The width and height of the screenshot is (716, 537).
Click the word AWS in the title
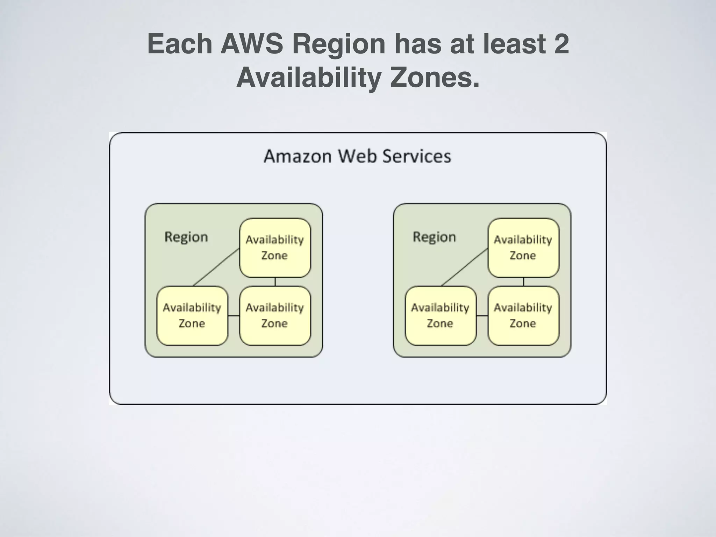[x=251, y=44]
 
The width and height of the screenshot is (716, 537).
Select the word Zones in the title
[x=435, y=78]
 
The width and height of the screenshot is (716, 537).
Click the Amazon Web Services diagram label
[x=357, y=156]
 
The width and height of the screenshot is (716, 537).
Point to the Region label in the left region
[x=186, y=237]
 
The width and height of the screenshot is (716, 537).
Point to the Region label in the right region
[x=434, y=237]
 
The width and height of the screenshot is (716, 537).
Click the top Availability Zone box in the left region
[x=275, y=248]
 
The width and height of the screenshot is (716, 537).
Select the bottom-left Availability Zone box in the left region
[x=192, y=315]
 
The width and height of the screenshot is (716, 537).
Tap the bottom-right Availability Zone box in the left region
[x=275, y=315]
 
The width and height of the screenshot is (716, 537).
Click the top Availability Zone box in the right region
[x=523, y=248]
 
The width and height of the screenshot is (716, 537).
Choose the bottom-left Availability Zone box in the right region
[x=440, y=315]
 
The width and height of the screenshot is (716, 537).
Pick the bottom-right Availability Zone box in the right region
[x=523, y=315]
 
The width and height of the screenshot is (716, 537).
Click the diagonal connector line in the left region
[x=216, y=267]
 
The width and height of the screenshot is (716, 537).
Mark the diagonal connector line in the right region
[x=464, y=267]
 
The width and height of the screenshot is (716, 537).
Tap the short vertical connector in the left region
[x=275, y=282]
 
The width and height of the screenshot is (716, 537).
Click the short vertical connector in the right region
[x=523, y=282]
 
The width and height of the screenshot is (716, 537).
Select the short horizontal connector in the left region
[x=234, y=316]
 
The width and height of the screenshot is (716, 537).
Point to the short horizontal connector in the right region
[x=482, y=316]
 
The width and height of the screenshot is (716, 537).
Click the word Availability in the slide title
[x=308, y=78]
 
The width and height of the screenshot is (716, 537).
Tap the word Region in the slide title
[x=338, y=44]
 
